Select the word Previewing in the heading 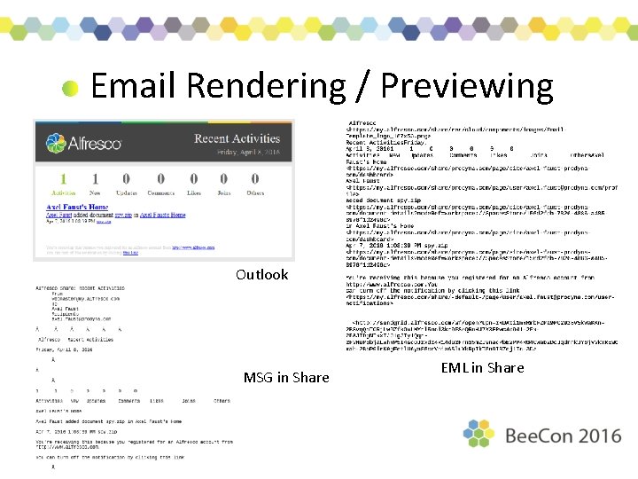466,86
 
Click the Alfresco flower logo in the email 56,143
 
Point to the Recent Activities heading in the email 237,138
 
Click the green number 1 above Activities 63,179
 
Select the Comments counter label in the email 160,192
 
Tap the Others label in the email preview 255,192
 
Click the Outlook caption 261,274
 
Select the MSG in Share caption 285,377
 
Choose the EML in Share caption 482,367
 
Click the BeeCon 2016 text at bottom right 563,436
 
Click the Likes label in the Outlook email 193,192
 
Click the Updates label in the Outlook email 126,192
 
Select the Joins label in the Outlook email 224,192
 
